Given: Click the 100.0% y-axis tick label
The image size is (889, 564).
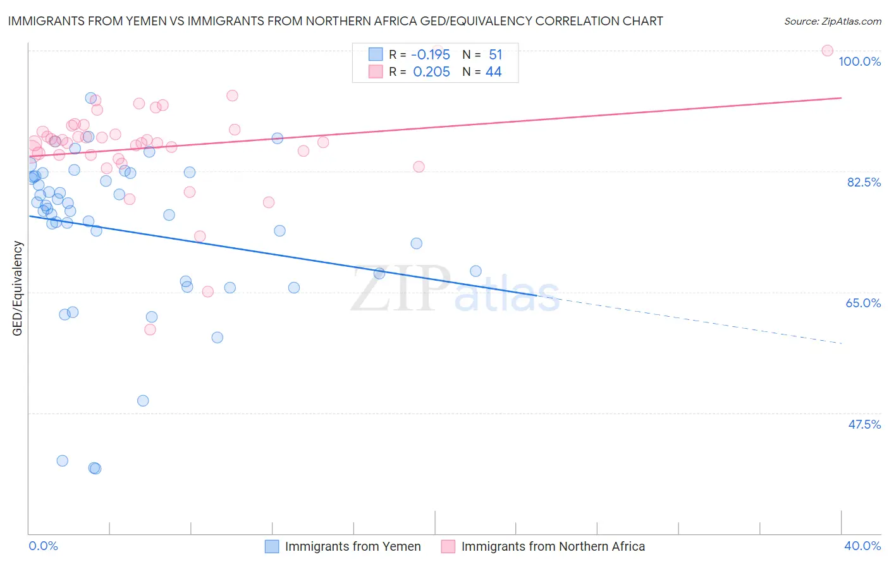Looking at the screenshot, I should [x=859, y=61].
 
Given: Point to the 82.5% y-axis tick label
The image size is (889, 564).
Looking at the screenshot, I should [x=864, y=182].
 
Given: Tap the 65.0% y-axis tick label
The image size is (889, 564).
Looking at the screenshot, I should [x=863, y=303].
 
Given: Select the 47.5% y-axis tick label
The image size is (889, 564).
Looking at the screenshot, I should [x=864, y=424].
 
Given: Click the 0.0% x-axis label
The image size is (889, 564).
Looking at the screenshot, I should [x=44, y=546].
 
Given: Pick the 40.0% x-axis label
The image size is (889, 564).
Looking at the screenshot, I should [x=862, y=546].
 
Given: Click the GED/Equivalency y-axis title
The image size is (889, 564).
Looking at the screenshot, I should [x=18, y=288].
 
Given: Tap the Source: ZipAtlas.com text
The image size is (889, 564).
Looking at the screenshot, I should [x=832, y=21].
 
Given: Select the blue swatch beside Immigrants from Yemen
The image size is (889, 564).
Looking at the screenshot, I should [x=272, y=546].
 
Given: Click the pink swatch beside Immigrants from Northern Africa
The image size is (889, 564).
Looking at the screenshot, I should [x=448, y=546].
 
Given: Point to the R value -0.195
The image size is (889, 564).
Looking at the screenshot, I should [x=431, y=55].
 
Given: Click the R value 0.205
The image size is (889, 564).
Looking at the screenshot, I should [x=432, y=72].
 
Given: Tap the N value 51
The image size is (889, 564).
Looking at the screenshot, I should [x=495, y=55].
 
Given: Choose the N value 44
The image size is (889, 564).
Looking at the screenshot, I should [x=493, y=72].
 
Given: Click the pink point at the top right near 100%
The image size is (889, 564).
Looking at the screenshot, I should [x=827, y=51].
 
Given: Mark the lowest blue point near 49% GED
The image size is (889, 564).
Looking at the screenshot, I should [x=143, y=401].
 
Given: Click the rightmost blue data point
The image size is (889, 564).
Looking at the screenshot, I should [x=475, y=271].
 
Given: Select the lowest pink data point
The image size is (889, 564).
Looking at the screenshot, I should [x=150, y=329].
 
